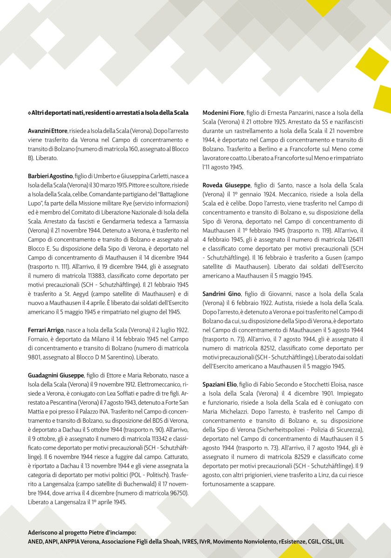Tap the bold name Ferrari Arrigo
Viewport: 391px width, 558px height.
click(x=46, y=329)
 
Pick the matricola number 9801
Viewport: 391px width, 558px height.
click(x=36, y=357)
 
